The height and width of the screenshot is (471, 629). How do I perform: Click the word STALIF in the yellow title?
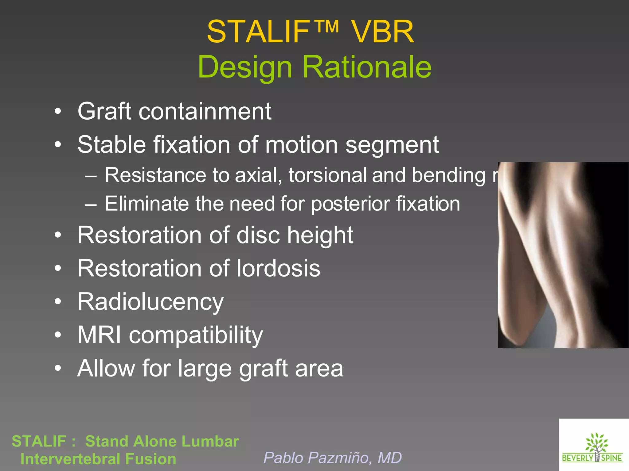pos(258,32)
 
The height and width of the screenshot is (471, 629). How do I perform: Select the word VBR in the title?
pos(382,32)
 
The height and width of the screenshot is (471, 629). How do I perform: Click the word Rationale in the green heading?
pos(367,67)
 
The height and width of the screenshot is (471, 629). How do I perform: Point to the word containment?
pos(205,111)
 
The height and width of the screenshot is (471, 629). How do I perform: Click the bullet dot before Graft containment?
pos(58,111)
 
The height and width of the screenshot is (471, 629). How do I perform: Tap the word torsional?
pos(327,175)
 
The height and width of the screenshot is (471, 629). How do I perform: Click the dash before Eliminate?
pos(91,204)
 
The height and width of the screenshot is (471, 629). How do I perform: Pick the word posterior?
pos(350,204)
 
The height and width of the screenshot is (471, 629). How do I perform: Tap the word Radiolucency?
pos(150,302)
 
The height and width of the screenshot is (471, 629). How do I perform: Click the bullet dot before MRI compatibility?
pos(58,335)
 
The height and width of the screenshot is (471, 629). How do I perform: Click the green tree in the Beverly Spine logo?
pos(596,442)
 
